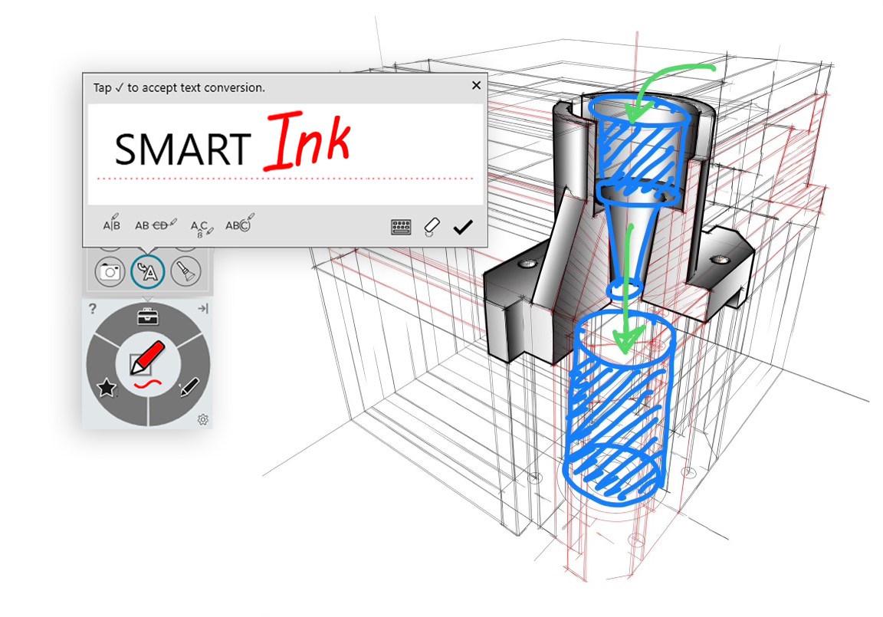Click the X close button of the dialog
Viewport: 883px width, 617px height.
(x=476, y=85)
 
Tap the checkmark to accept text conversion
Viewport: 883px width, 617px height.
(x=462, y=227)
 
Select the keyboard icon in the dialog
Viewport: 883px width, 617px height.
(x=401, y=227)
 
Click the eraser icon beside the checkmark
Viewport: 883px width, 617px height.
(x=432, y=226)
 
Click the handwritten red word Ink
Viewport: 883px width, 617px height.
(x=307, y=141)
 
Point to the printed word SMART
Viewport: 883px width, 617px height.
(x=182, y=149)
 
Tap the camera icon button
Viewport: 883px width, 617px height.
(x=110, y=271)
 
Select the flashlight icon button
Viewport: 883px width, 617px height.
(x=185, y=271)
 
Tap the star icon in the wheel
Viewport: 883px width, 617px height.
(x=107, y=389)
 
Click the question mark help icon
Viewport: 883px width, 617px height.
(x=92, y=309)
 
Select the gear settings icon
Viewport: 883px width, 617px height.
(x=203, y=419)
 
